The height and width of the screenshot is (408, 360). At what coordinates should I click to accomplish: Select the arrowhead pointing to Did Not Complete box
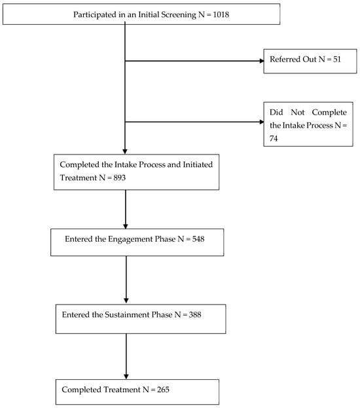259,122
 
